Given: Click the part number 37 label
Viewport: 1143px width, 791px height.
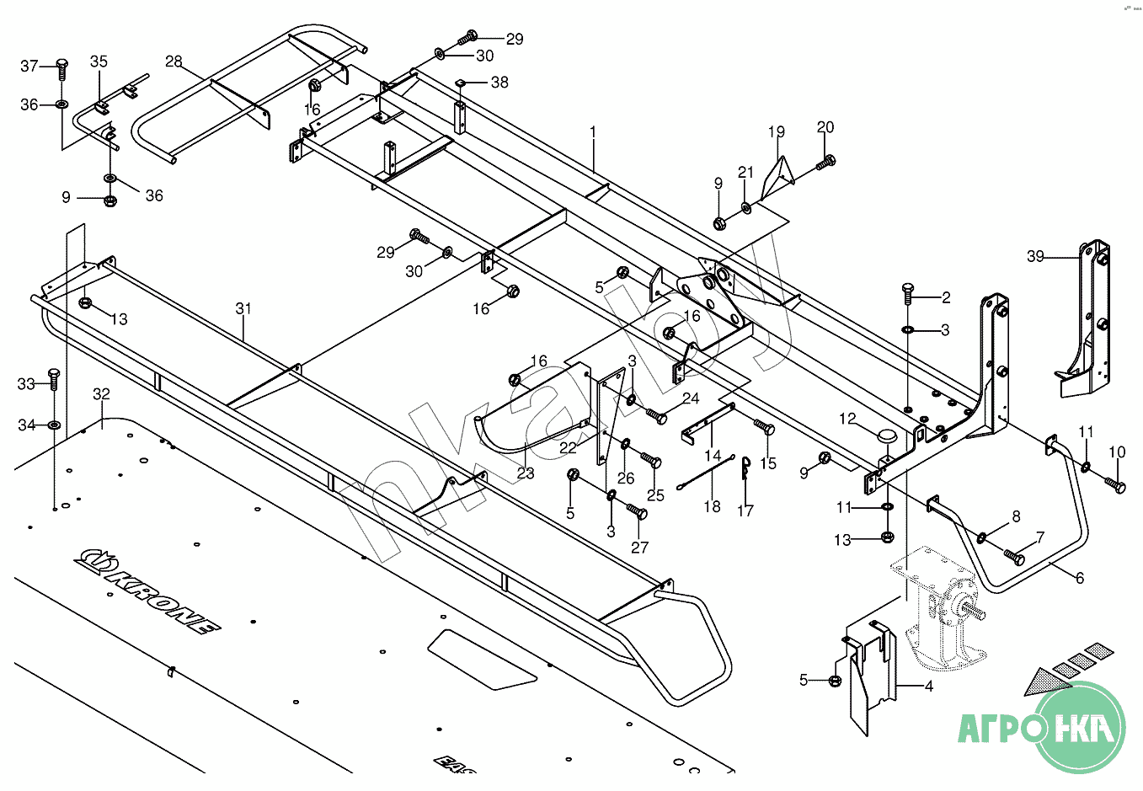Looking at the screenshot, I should pyautogui.click(x=29, y=66).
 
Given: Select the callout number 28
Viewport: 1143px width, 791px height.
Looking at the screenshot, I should pyautogui.click(x=174, y=61).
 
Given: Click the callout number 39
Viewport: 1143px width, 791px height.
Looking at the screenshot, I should pyautogui.click(x=1035, y=256).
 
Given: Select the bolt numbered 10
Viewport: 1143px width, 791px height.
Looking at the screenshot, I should pyautogui.click(x=1115, y=485).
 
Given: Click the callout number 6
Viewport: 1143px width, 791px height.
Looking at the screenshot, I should pyautogui.click(x=1079, y=578).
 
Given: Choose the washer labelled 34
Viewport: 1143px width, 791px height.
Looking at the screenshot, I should pyautogui.click(x=54, y=425).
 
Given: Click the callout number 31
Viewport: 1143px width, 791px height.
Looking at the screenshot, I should pyautogui.click(x=243, y=309).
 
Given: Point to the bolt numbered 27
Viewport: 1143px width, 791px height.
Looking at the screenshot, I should pyautogui.click(x=636, y=511).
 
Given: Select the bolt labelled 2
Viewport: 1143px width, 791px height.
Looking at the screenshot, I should pyautogui.click(x=907, y=293).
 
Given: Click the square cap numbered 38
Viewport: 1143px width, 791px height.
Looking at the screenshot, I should pyautogui.click(x=461, y=82).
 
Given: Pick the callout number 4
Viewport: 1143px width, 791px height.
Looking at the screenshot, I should pyautogui.click(x=928, y=687).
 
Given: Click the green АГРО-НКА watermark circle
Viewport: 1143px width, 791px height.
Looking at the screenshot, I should pyautogui.click(x=1081, y=727).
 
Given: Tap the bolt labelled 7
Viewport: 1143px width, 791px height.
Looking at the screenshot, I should pyautogui.click(x=1014, y=556).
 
